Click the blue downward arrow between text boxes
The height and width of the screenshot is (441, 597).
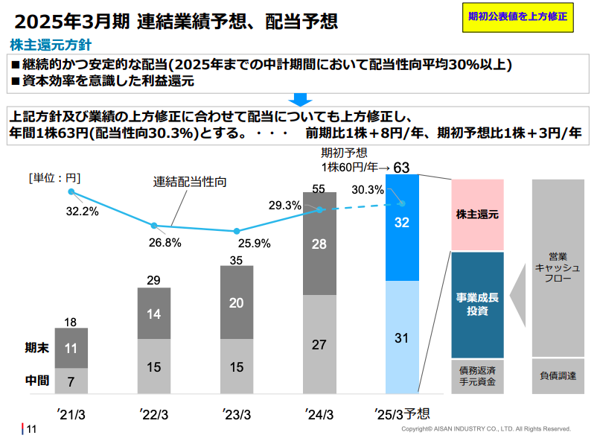[300, 98]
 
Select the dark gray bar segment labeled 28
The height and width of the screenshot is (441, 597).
[319, 244]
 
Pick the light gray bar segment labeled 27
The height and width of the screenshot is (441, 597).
[319, 344]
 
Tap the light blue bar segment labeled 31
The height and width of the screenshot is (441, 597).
[402, 337]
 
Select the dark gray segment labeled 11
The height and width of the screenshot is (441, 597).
[71, 348]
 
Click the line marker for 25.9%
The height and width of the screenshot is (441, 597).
[237, 232]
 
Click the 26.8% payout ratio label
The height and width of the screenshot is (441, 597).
[165, 242]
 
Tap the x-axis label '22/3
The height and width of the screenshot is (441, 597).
[154, 414]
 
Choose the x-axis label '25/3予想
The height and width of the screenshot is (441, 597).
[402, 414]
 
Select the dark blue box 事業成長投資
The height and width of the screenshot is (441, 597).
[477, 305]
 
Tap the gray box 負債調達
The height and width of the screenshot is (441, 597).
[558, 376]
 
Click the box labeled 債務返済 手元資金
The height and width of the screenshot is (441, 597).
[477, 376]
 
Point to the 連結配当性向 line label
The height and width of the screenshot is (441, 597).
[190, 182]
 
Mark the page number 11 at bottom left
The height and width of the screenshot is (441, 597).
[31, 429]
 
